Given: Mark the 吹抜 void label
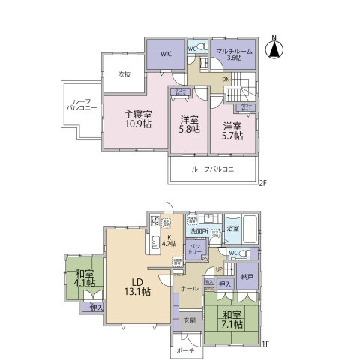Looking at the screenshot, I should coord(125,74).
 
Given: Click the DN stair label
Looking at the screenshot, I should coord(225,79).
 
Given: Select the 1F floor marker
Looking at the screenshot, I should coord(263,346).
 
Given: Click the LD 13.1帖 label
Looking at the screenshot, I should coord(137,285).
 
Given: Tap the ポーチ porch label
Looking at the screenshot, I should coord(187,350).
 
